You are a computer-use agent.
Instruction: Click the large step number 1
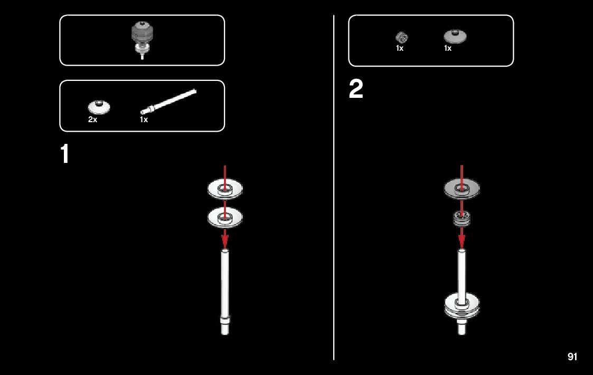(64, 154)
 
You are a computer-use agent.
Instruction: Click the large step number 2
(356, 90)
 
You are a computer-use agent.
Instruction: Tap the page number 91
(572, 356)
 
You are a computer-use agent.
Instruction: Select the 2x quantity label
(92, 120)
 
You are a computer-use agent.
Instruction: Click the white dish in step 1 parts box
(99, 107)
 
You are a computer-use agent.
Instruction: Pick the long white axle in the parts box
(168, 102)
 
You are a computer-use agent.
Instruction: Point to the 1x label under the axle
(144, 120)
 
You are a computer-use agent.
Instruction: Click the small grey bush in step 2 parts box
(401, 37)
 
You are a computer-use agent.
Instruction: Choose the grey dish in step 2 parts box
(455, 36)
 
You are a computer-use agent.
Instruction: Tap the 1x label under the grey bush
(400, 48)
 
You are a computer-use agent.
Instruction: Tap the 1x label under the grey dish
(448, 48)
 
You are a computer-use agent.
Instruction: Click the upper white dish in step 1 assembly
(225, 189)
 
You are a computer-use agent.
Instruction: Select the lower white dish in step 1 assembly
(225, 216)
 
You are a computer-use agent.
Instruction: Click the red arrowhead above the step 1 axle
(225, 241)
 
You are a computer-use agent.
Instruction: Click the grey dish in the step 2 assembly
(462, 188)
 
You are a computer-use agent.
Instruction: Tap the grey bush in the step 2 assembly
(462, 218)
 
